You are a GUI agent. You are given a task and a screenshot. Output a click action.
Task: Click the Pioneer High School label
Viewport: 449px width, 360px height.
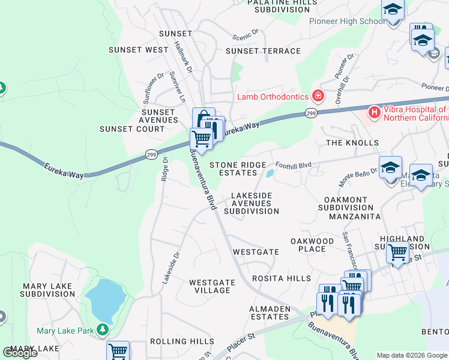[347, 21]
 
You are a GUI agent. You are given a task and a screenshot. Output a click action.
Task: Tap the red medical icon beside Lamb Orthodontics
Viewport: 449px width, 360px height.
[317, 96]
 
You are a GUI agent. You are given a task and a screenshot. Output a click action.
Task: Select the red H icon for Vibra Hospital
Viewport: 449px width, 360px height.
[375, 112]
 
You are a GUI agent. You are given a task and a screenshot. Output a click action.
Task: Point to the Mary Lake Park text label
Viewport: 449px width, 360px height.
[65, 330]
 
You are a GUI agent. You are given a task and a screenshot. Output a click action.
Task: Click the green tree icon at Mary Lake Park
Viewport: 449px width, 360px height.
[103, 330]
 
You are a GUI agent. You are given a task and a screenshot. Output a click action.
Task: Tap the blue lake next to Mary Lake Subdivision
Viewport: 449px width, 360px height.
[106, 300]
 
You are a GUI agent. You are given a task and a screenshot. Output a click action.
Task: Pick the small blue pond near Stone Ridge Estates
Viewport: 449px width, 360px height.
[270, 174]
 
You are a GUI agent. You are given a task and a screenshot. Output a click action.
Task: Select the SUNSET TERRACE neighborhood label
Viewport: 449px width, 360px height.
[263, 51]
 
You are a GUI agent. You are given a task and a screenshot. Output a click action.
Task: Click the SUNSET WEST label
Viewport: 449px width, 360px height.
[139, 50]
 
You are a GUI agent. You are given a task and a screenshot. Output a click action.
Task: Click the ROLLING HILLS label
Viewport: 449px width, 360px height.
[181, 341]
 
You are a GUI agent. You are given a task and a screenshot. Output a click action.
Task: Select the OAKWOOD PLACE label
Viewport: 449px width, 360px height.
[312, 245]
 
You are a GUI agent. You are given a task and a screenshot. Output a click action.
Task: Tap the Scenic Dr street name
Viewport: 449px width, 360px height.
[246, 33]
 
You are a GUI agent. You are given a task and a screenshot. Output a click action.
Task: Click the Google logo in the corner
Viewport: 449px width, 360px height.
[20, 353]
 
